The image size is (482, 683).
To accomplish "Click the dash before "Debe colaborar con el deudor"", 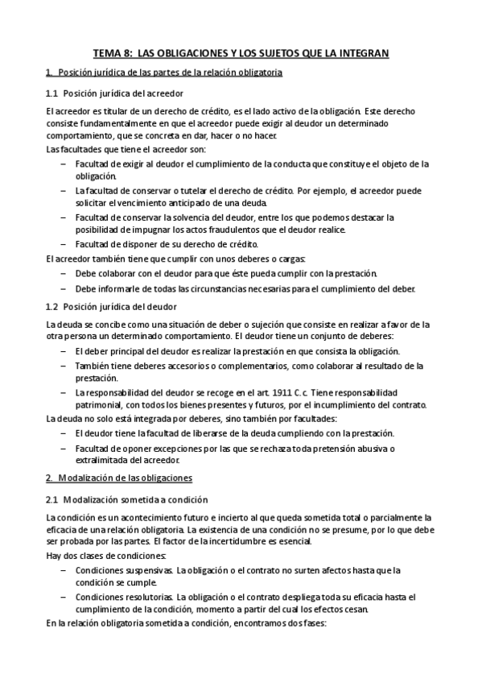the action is point(64,272).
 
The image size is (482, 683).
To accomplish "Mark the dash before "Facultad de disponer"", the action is point(64,244).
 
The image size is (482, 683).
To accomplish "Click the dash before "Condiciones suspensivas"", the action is point(64,570).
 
